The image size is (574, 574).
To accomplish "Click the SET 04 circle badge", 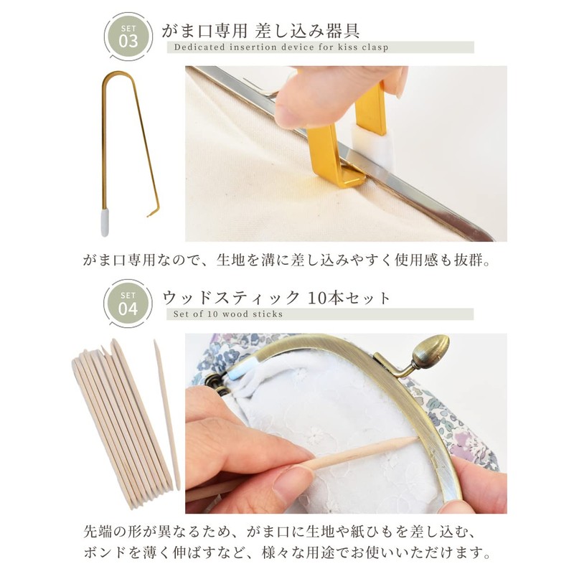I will click(128, 304).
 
